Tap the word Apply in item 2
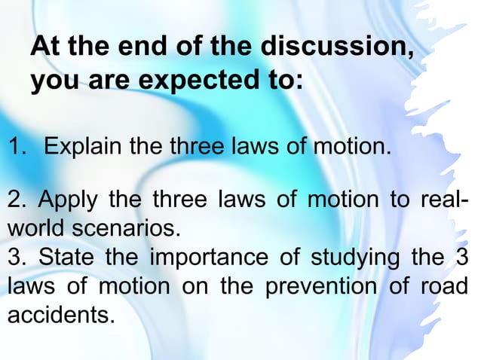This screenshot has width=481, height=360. click(x=67, y=202)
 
